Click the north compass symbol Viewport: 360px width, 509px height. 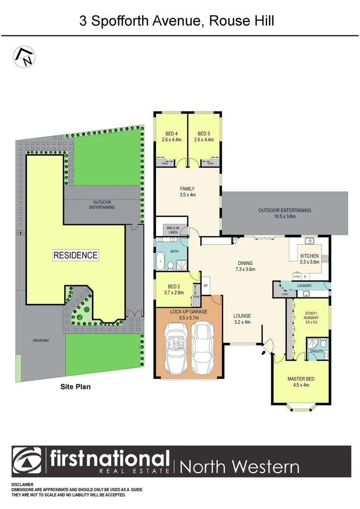[x=24, y=57]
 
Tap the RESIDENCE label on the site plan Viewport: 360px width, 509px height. [x=75, y=255]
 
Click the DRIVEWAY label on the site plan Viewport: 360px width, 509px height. [x=41, y=340]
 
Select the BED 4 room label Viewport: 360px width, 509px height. [x=171, y=137]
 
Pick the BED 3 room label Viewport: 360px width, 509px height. [x=205, y=137]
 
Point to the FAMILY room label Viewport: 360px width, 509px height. [x=187, y=191]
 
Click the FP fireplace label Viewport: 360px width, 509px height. [x=205, y=286]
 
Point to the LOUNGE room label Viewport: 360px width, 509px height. [x=242, y=319]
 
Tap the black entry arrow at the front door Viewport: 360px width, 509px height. [x=263, y=351]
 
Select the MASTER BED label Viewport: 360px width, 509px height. [x=301, y=382]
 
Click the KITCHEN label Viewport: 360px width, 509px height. [x=310, y=259]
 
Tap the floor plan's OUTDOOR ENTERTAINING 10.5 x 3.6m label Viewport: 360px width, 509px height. [x=284, y=213]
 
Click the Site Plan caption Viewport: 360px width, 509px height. [x=75, y=387]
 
